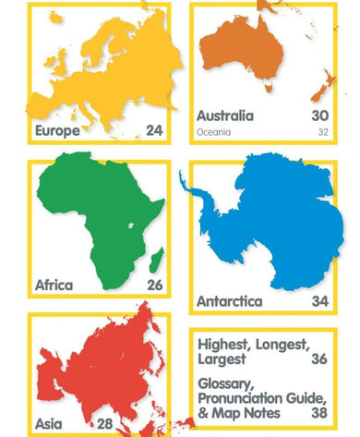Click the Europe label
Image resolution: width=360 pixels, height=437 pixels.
click(x=57, y=131)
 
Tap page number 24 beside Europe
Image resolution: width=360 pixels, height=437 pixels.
click(x=153, y=131)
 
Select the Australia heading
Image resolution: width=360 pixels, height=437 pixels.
click(x=224, y=116)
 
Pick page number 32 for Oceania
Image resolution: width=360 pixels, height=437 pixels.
click(x=322, y=133)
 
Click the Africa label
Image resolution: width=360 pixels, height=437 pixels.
click(x=54, y=285)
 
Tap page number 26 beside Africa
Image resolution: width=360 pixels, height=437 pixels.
click(x=153, y=285)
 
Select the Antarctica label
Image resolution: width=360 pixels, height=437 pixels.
click(x=230, y=301)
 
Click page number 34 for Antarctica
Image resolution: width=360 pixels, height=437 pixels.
click(x=320, y=301)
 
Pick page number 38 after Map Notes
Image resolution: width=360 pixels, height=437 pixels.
click(x=320, y=412)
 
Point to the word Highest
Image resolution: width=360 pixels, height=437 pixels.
click(x=225, y=346)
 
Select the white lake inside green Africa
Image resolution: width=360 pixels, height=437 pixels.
click(x=136, y=224)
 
